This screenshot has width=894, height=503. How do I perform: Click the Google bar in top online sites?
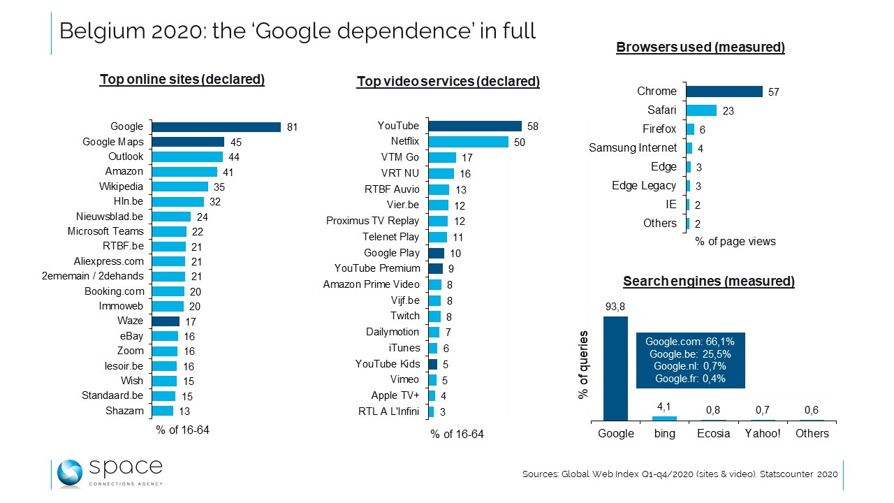[x=217, y=127]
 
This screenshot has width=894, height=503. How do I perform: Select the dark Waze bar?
[x=166, y=321]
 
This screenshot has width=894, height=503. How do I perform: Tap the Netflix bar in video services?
[x=468, y=142]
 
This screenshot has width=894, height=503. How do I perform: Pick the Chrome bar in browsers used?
[x=724, y=92]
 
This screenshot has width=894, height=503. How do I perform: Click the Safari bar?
[x=701, y=110]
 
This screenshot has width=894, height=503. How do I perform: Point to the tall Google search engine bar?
[x=615, y=368]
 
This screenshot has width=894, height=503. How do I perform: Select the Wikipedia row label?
[x=122, y=187]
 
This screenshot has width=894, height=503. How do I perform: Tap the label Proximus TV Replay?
[x=373, y=221]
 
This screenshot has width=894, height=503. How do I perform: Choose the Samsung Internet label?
[x=633, y=147]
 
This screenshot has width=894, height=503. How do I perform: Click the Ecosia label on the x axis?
[x=714, y=433]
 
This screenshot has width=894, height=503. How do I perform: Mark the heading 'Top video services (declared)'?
[x=448, y=82]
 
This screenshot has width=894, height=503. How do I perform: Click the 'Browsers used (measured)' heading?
[x=701, y=48]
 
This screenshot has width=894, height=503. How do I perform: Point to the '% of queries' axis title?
[x=584, y=365]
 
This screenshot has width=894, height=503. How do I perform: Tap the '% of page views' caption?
[x=735, y=242]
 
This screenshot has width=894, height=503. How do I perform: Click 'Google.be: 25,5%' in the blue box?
[x=690, y=354]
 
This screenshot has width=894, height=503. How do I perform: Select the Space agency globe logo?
[x=70, y=474]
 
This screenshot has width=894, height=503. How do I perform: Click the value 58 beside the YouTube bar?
[x=533, y=126]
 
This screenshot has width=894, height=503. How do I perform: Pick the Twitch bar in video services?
[x=434, y=316]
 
